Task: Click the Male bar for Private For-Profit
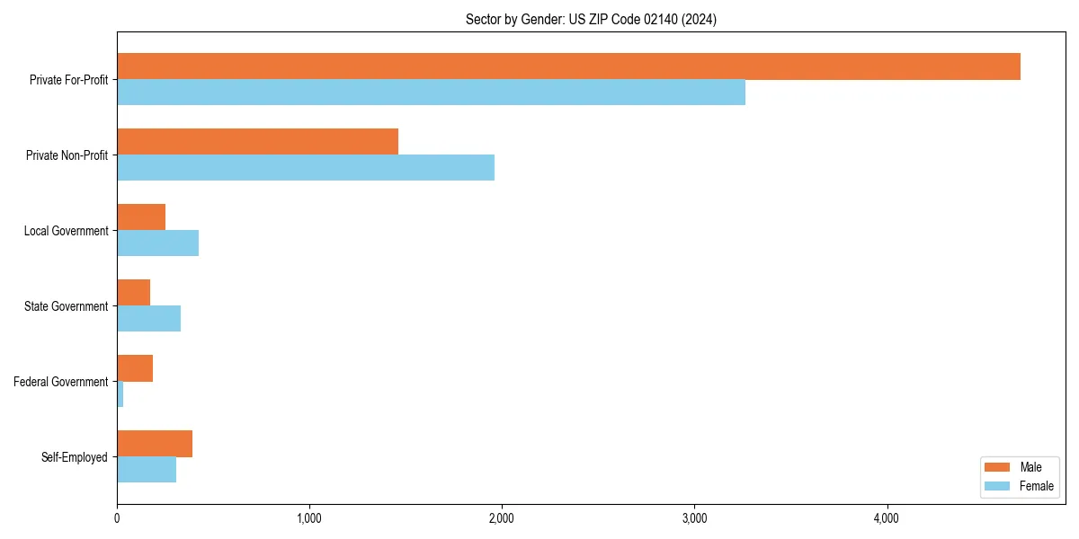568,66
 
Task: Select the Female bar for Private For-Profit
431,93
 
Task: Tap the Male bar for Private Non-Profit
257,142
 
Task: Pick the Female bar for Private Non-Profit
306,168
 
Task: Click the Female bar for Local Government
157,243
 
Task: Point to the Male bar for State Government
134,293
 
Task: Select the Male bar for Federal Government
135,368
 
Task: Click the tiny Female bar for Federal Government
120,394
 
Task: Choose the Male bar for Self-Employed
155,444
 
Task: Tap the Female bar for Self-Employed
147,470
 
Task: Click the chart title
591,19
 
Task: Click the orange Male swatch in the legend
998,467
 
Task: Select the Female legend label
1036,486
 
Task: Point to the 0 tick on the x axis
117,518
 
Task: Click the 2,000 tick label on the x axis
502,518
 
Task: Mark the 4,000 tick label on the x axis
887,518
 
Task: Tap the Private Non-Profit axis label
67,155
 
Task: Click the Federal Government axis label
61,382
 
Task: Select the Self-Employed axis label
75,457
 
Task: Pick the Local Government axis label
66,231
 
